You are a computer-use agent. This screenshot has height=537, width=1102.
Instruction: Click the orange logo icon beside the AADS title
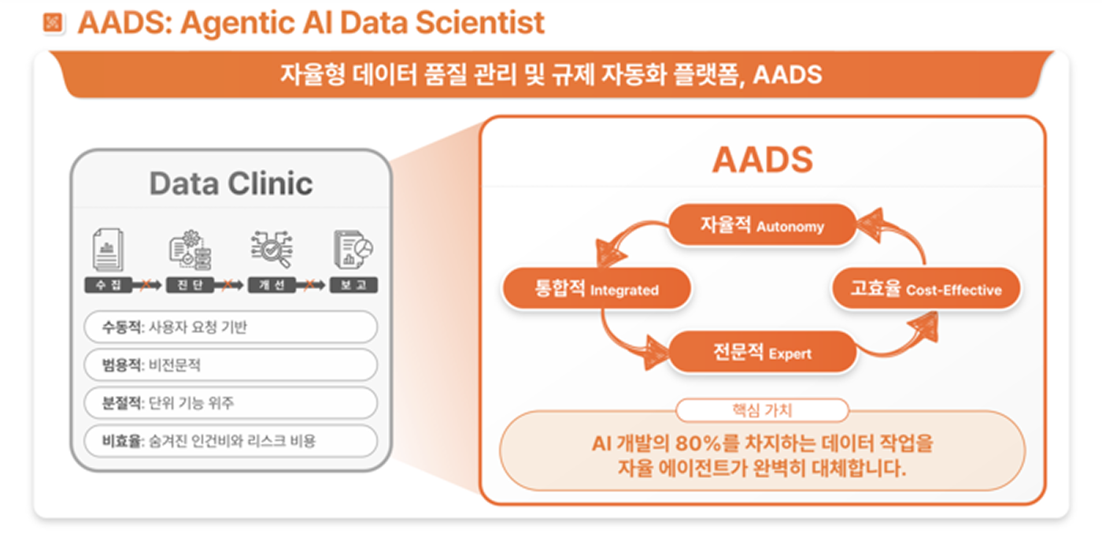pyautogui.click(x=52, y=23)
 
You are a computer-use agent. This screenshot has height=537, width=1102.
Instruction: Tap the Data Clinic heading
pyautogui.click(x=231, y=183)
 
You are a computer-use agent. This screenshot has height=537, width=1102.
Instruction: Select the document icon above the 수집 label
pyautogui.click(x=109, y=250)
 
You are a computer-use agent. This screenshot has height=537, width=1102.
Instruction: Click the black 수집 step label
pyautogui.click(x=108, y=285)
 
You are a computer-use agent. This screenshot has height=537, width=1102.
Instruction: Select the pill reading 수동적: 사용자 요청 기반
pyautogui.click(x=231, y=328)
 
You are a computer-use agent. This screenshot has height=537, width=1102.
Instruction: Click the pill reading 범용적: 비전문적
pyautogui.click(x=231, y=365)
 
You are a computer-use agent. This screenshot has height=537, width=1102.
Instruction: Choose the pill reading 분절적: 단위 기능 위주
pyautogui.click(x=231, y=403)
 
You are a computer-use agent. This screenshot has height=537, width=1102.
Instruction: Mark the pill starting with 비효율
pyautogui.click(x=231, y=441)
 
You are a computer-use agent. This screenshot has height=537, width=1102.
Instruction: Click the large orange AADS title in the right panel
pyautogui.click(x=762, y=160)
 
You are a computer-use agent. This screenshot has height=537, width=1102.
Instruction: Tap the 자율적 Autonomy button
pyautogui.click(x=761, y=226)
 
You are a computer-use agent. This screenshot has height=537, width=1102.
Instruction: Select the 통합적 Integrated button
pyautogui.click(x=596, y=290)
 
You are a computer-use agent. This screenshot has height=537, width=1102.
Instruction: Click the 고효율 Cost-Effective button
pyautogui.click(x=926, y=290)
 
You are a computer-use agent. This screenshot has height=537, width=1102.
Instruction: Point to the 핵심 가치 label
pyautogui.click(x=761, y=410)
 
